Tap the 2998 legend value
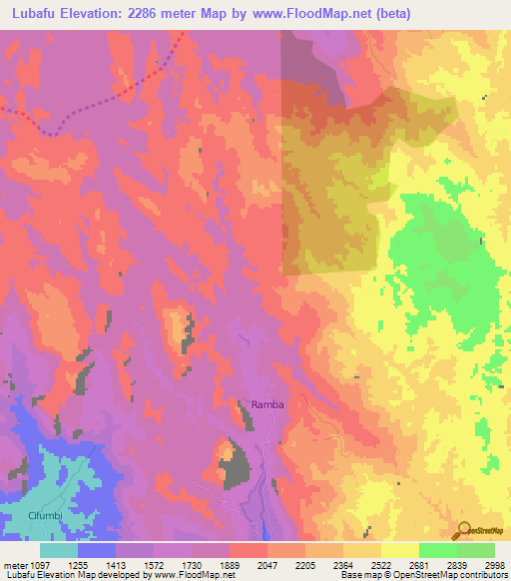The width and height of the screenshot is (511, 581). pos(494,564)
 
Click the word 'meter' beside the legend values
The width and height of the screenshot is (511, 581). pos(13,564)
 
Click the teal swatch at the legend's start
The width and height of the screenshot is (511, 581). pos(59,550)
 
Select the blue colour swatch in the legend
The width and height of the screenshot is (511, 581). pos(97,550)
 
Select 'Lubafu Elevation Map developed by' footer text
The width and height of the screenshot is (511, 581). pos(76,576)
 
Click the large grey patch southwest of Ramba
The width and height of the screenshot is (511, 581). pos(236,461)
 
